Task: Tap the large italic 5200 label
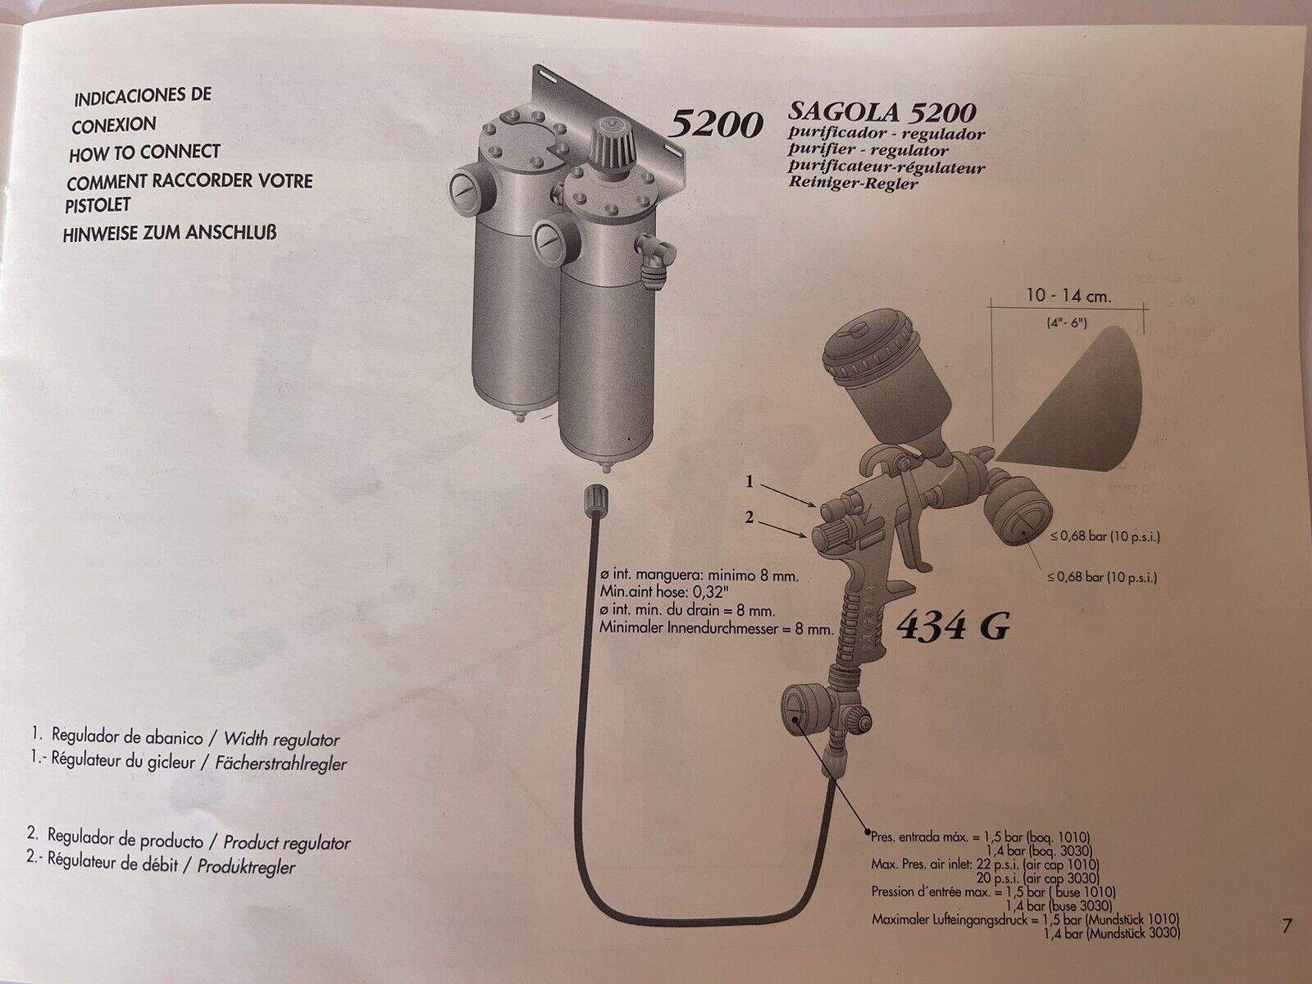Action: pyautogui.click(x=715, y=125)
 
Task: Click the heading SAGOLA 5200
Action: pyautogui.click(x=881, y=112)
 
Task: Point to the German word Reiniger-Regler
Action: pyautogui.click(x=852, y=183)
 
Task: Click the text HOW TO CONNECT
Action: pyautogui.click(x=144, y=153)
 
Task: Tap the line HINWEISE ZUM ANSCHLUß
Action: pyautogui.click(x=170, y=233)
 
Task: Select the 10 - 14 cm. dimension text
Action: pyautogui.click(x=1068, y=296)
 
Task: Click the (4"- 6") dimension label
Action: pyautogui.click(x=1066, y=323)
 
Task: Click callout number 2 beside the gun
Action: pyautogui.click(x=749, y=517)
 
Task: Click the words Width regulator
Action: pyautogui.click(x=281, y=739)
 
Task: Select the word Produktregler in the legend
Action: pyautogui.click(x=246, y=866)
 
